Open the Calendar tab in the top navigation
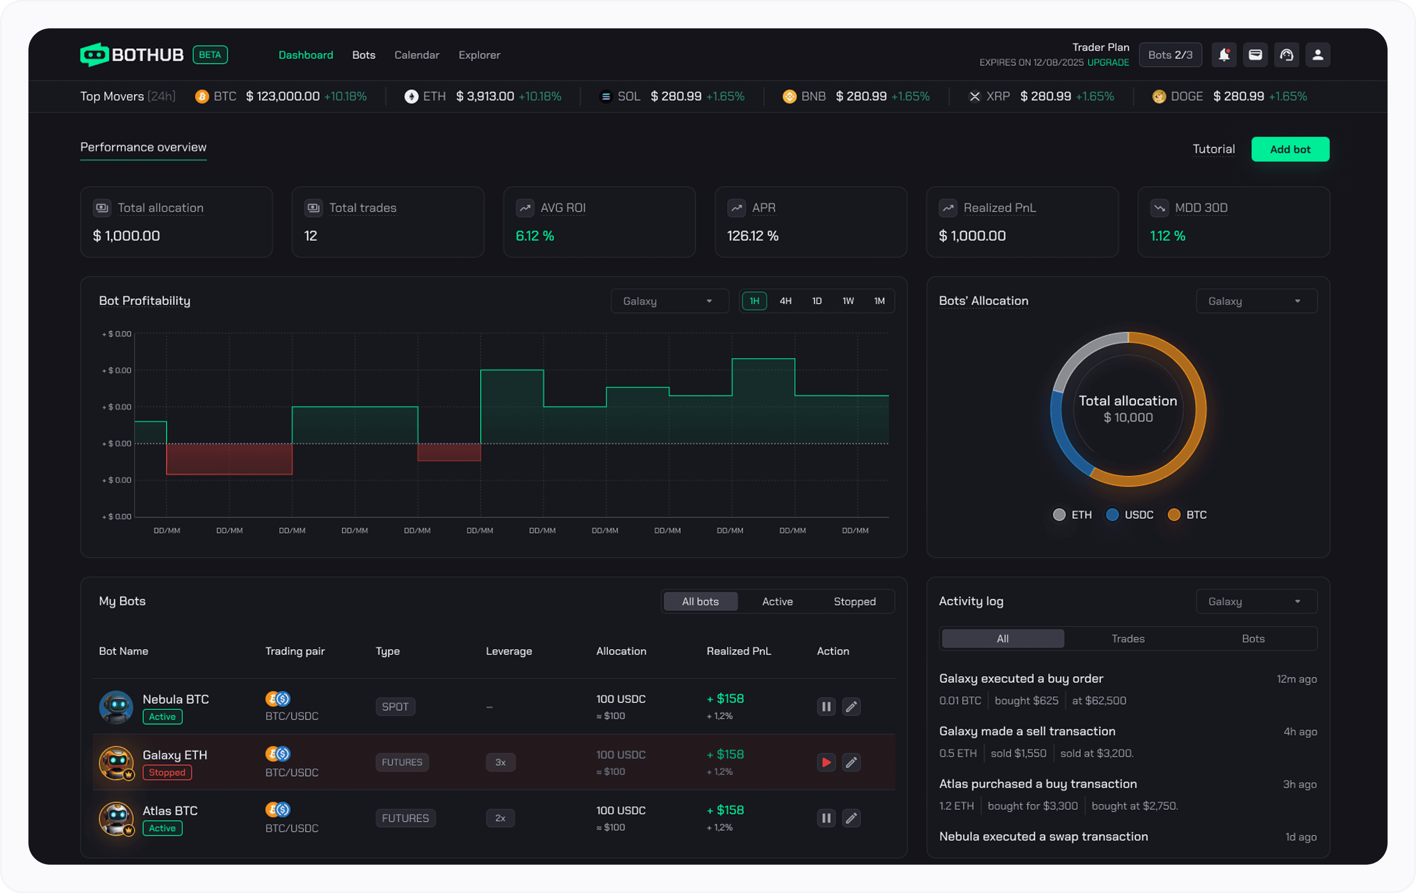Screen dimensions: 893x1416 point(416,55)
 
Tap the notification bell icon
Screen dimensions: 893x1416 point(1224,55)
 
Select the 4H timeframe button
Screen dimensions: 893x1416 point(785,301)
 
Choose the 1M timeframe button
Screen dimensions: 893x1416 point(878,301)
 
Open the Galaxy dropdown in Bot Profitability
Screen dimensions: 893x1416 point(669,301)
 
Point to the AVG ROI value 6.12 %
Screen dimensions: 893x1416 point(535,236)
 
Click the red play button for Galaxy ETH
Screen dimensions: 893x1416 point(826,763)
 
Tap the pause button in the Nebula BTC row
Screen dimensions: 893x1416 point(826,707)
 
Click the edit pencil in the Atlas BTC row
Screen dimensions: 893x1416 point(851,818)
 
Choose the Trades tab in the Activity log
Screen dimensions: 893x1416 point(1127,638)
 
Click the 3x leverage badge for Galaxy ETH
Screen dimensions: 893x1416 point(500,763)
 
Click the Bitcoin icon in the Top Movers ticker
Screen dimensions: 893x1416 point(202,97)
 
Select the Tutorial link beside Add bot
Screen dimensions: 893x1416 point(1213,149)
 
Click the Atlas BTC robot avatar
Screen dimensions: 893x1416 point(116,818)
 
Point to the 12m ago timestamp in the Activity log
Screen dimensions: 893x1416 point(1296,679)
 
